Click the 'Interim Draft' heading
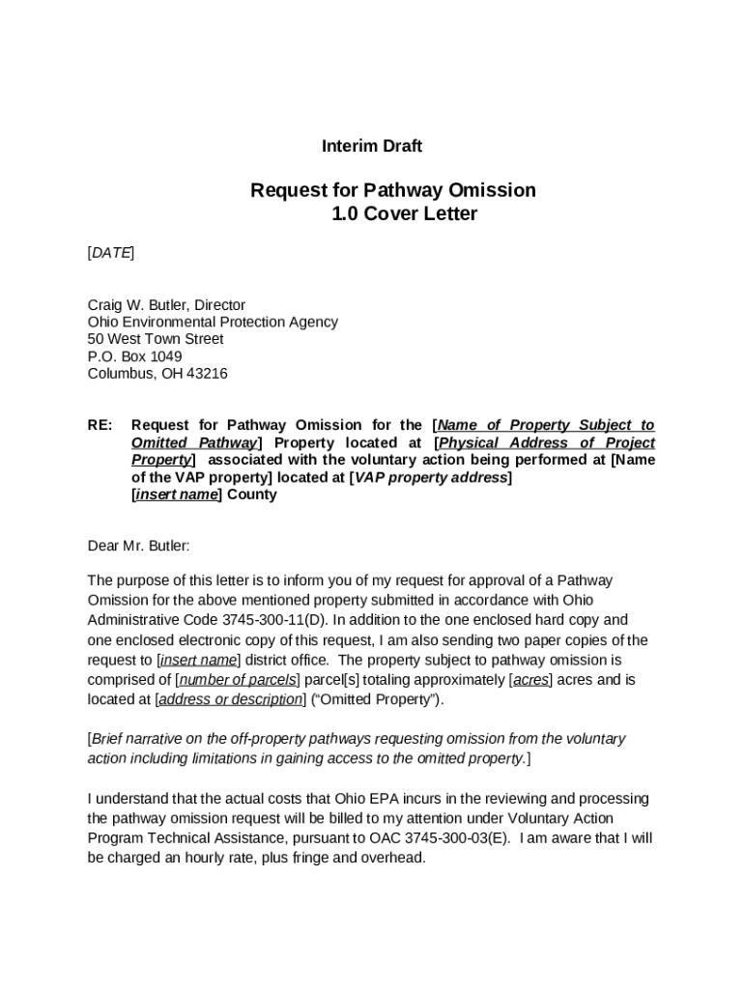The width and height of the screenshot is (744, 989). click(372, 147)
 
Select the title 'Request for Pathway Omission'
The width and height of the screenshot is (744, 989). click(393, 190)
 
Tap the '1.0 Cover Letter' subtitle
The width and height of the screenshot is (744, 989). click(404, 214)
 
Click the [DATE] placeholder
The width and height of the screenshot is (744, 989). click(111, 253)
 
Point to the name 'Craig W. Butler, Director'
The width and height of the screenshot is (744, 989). click(166, 305)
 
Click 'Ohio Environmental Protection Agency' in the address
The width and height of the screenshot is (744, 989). click(213, 323)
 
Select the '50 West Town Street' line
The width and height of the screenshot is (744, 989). click(156, 340)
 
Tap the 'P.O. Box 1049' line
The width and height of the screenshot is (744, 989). click(134, 356)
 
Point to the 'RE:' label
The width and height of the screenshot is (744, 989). click(100, 426)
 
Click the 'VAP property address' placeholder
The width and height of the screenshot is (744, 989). click(430, 478)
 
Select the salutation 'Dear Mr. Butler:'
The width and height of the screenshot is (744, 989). click(139, 546)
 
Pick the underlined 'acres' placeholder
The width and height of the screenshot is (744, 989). click(530, 680)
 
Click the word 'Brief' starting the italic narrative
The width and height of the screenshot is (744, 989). click(110, 739)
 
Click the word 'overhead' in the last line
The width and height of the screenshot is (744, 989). click(390, 857)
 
